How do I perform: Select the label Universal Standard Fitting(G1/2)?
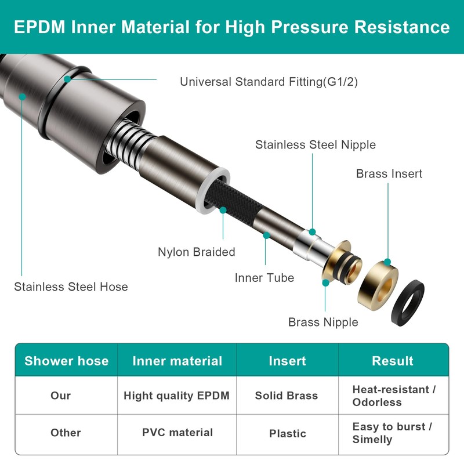269,82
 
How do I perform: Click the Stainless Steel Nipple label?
316,144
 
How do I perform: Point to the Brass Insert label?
389,173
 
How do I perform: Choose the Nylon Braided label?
197,252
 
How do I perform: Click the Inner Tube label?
264,278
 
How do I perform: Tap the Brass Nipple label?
323,322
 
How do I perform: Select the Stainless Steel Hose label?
71,287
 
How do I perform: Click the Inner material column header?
177,361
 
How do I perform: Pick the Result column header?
393,361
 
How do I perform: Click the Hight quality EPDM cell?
177,396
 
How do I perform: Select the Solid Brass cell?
287,396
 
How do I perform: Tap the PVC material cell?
177,432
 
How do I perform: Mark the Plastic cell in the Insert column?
288,433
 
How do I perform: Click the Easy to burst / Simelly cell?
393,433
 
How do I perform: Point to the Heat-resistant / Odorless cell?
394,396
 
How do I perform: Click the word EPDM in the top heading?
39,27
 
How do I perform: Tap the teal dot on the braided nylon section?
223,210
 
